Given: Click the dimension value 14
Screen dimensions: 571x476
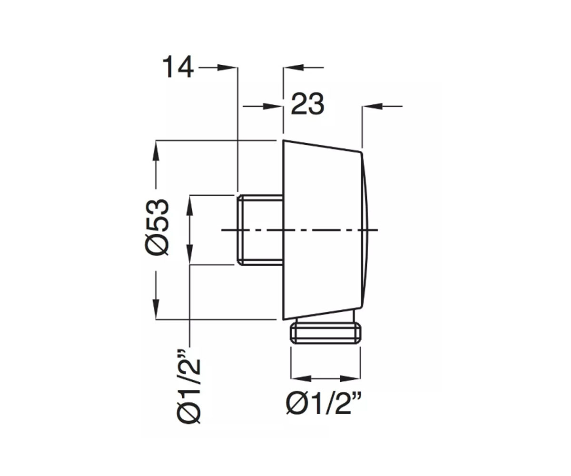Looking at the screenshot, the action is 178,67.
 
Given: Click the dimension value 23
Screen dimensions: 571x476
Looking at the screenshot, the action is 308,104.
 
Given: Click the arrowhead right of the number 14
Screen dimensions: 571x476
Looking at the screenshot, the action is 226,68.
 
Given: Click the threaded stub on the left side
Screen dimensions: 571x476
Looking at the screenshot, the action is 260,230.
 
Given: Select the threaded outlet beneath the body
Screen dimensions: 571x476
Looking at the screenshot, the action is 325,332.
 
